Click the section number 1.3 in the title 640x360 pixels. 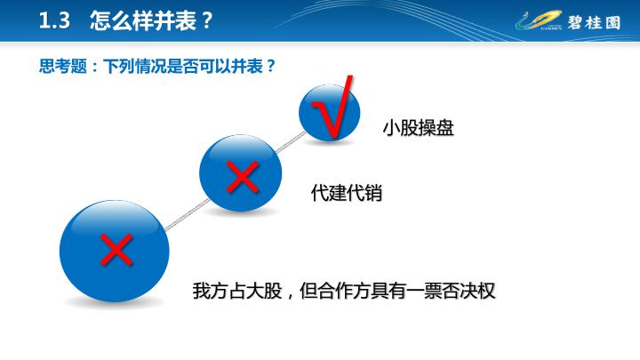(x=54, y=20)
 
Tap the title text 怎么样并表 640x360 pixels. (x=143, y=20)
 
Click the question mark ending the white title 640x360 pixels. (x=207, y=20)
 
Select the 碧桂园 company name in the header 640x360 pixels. (x=595, y=22)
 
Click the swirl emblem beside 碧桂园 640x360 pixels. (x=539, y=20)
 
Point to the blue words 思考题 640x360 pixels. (x=63, y=66)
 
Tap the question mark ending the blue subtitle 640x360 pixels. (x=271, y=66)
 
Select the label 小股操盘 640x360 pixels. (x=419, y=128)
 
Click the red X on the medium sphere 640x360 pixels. (x=243, y=177)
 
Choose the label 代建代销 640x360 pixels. (x=347, y=193)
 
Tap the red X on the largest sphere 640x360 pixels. (x=116, y=250)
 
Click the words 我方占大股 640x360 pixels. (x=237, y=291)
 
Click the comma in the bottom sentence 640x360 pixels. (x=290, y=295)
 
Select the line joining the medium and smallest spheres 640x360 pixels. (x=291, y=142)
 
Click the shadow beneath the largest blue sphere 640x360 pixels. (x=115, y=303)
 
